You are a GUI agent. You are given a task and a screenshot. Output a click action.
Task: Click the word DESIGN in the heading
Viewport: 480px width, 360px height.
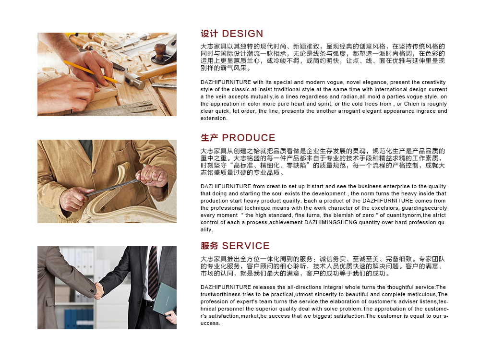[242, 34]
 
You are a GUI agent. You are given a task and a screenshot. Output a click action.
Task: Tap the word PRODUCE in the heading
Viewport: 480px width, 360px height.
[249, 138]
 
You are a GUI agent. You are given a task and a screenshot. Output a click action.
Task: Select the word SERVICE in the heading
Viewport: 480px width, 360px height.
[246, 245]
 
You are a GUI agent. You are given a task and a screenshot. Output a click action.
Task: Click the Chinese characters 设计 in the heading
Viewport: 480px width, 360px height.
[209, 34]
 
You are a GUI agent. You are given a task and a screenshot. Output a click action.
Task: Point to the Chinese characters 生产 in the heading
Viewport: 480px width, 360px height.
[209, 138]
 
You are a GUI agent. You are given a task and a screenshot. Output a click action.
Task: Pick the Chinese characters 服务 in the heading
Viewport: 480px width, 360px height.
[209, 245]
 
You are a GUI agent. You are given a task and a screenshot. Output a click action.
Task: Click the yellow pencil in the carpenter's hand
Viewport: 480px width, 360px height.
[92, 72]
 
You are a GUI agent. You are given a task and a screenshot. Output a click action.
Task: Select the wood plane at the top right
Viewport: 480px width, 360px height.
[164, 50]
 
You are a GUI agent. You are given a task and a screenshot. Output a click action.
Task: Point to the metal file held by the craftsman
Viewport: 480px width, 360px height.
[113, 187]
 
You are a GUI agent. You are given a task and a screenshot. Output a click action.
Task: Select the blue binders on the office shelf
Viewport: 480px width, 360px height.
[79, 319]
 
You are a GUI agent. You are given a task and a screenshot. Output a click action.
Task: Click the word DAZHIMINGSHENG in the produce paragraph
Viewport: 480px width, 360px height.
[330, 223]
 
